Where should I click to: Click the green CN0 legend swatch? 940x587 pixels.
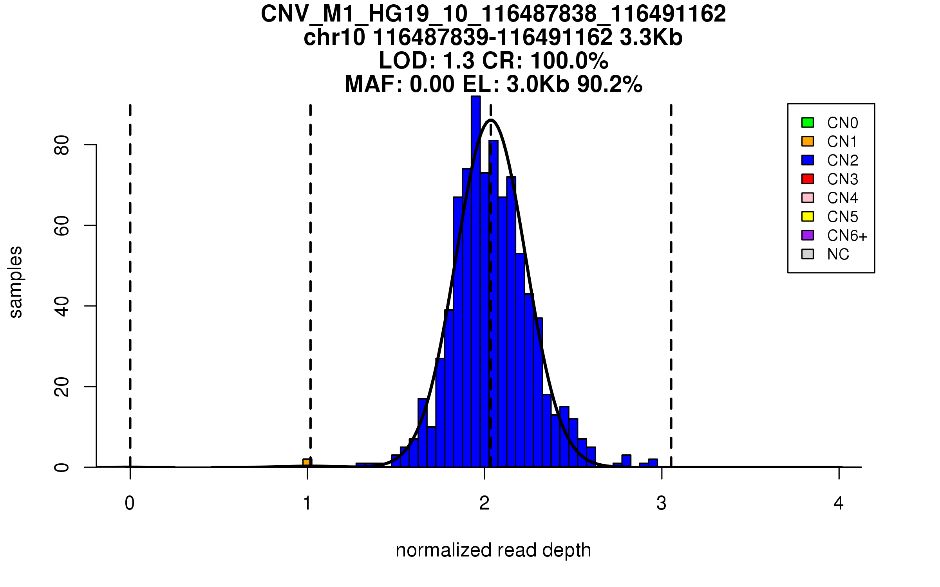click(808, 122)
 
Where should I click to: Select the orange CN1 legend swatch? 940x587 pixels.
click(808, 141)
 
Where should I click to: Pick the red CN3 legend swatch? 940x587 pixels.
click(808, 179)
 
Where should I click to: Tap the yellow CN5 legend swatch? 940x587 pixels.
click(808, 216)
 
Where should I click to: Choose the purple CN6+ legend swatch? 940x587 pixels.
click(808, 235)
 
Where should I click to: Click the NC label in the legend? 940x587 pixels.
click(838, 254)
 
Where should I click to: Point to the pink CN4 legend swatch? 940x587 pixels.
click(808, 198)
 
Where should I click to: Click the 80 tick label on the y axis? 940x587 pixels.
click(62, 145)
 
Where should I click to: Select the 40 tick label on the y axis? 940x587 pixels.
click(62, 306)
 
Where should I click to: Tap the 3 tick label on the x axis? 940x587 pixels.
click(662, 503)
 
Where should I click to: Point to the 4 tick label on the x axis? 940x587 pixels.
click(839, 503)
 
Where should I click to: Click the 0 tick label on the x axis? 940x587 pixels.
click(130, 503)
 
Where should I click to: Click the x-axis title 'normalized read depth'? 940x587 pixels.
click(493, 550)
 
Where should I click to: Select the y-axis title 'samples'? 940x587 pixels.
click(16, 282)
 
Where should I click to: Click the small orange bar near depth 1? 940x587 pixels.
click(307, 463)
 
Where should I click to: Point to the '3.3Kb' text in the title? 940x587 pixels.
click(651, 38)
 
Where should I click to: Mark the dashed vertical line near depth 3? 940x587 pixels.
click(671, 286)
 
